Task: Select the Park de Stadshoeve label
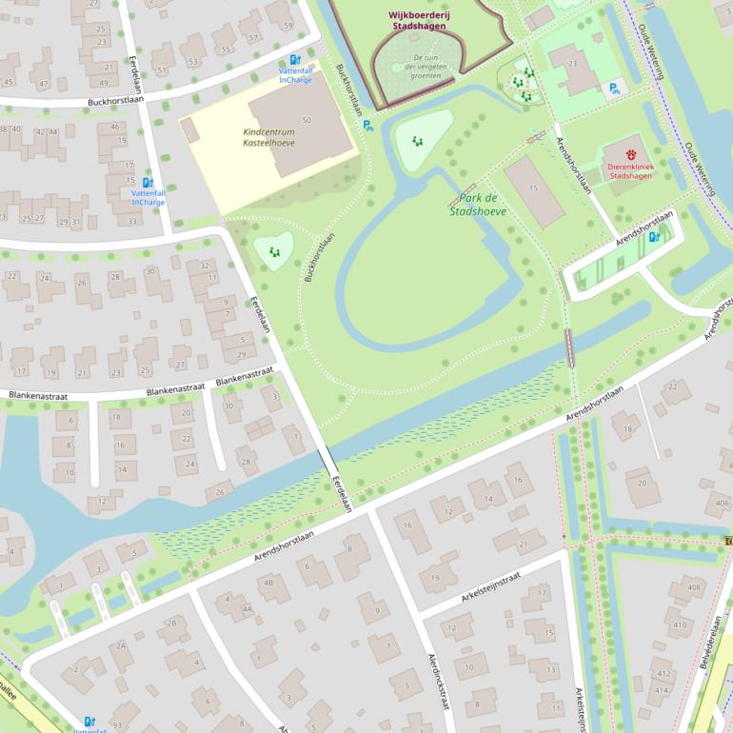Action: [x=478, y=205]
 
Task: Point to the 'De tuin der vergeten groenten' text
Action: [x=419, y=66]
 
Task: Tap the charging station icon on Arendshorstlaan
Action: [x=653, y=237]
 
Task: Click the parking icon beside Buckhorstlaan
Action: [x=368, y=124]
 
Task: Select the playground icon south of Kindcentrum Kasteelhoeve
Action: [x=274, y=252]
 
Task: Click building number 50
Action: [x=306, y=120]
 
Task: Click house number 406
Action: [x=723, y=503]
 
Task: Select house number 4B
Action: [x=268, y=582]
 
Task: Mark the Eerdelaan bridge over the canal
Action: [x=327, y=461]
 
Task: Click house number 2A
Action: [x=121, y=644]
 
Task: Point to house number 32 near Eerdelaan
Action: [x=205, y=266]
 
